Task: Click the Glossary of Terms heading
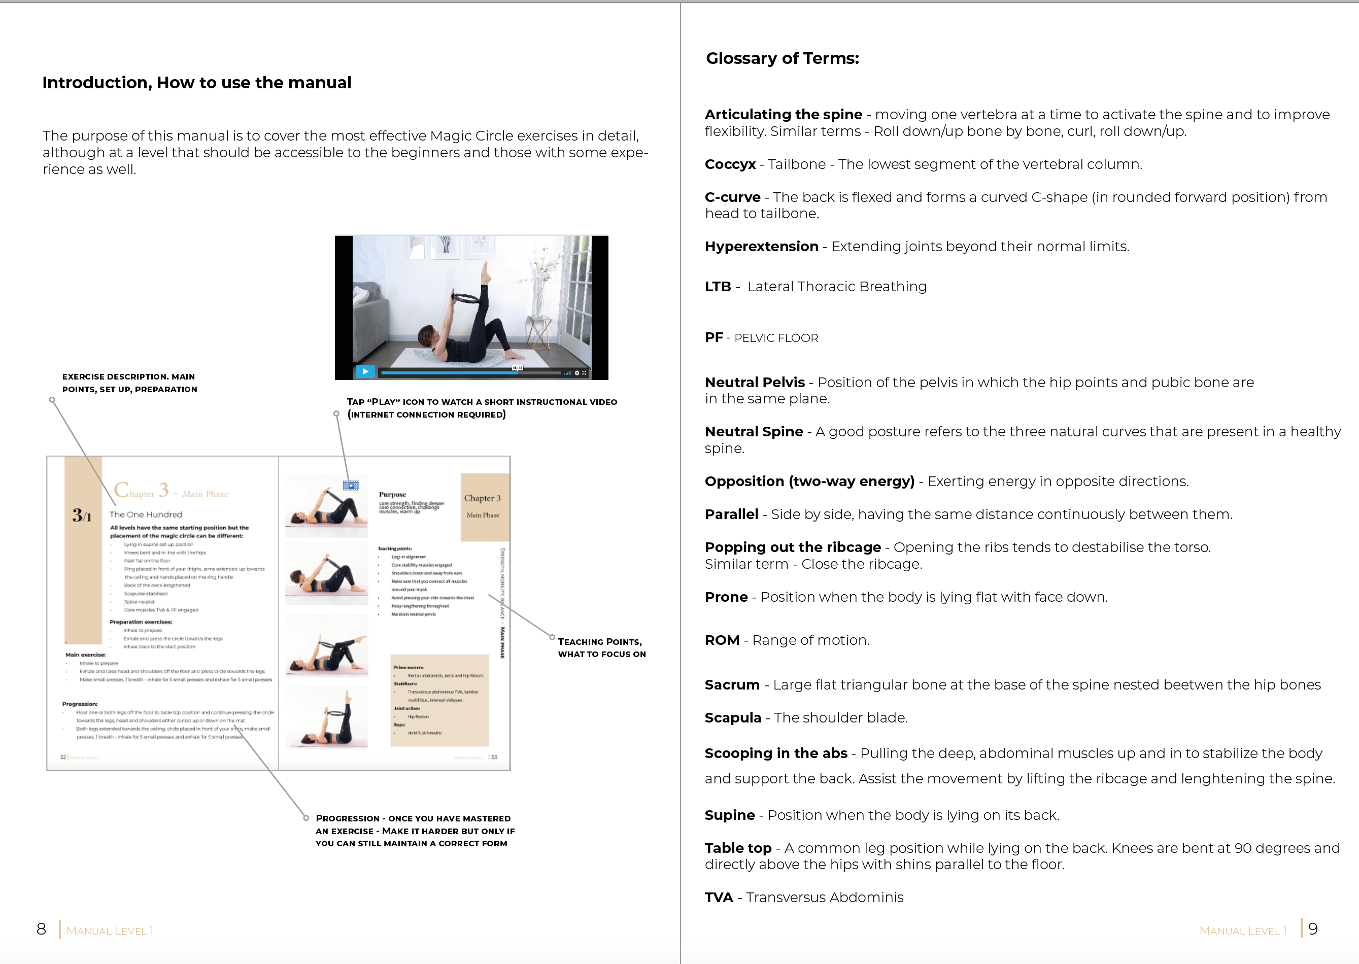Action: pyautogui.click(x=782, y=58)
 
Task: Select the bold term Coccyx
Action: pyautogui.click(x=730, y=164)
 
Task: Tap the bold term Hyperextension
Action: pyautogui.click(x=761, y=247)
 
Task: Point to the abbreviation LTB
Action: pyautogui.click(x=717, y=287)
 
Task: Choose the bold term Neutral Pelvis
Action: pyautogui.click(x=754, y=382)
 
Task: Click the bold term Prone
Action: pyautogui.click(x=726, y=597)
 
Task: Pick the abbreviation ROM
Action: pyautogui.click(x=721, y=640)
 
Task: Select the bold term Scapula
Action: pyautogui.click(x=732, y=717)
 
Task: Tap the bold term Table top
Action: pyautogui.click(x=737, y=848)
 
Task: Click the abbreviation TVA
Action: pyautogui.click(x=719, y=898)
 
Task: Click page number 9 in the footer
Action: pyautogui.click(x=1313, y=929)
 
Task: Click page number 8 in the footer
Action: pyautogui.click(x=41, y=929)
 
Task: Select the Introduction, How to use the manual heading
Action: pyautogui.click(x=196, y=83)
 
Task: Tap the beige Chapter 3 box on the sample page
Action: pyautogui.click(x=485, y=506)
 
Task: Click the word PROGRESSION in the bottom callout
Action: pyautogui.click(x=347, y=818)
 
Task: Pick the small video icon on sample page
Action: pyautogui.click(x=351, y=486)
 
